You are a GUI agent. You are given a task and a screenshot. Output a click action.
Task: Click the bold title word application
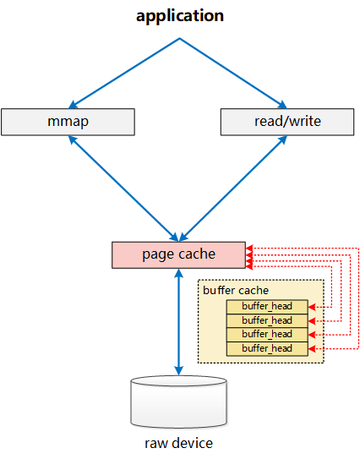[180, 16]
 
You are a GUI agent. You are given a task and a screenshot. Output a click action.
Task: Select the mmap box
[68, 122]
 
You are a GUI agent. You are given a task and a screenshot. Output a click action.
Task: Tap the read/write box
[287, 122]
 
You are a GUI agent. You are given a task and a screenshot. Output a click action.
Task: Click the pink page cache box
[178, 255]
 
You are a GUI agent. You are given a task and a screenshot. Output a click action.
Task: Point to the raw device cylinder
[178, 402]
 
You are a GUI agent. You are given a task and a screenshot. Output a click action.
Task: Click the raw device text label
[178, 443]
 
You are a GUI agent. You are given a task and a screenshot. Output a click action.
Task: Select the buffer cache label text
[236, 291]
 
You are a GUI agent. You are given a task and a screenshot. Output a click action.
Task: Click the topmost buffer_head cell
[267, 307]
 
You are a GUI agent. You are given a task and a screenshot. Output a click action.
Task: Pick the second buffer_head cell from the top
[267, 321]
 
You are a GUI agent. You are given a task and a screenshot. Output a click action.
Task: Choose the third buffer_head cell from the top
[267, 335]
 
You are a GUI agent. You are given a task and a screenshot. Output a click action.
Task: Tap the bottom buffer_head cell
[267, 349]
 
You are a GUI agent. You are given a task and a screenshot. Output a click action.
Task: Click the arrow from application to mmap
[124, 74]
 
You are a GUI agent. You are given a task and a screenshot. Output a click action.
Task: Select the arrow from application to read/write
[233, 74]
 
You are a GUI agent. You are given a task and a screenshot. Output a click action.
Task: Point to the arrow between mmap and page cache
[123, 189]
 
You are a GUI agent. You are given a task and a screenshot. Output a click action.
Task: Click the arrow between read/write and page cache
[233, 189]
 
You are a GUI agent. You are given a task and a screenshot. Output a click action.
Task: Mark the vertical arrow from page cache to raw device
[178, 322]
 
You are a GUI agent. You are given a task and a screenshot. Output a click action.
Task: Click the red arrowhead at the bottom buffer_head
[312, 348]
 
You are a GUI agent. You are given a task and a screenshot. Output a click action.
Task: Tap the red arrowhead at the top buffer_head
[312, 307]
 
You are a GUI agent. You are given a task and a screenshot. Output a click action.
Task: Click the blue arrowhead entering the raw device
[178, 371]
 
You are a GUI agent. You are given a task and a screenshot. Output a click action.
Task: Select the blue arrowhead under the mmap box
[72, 139]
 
